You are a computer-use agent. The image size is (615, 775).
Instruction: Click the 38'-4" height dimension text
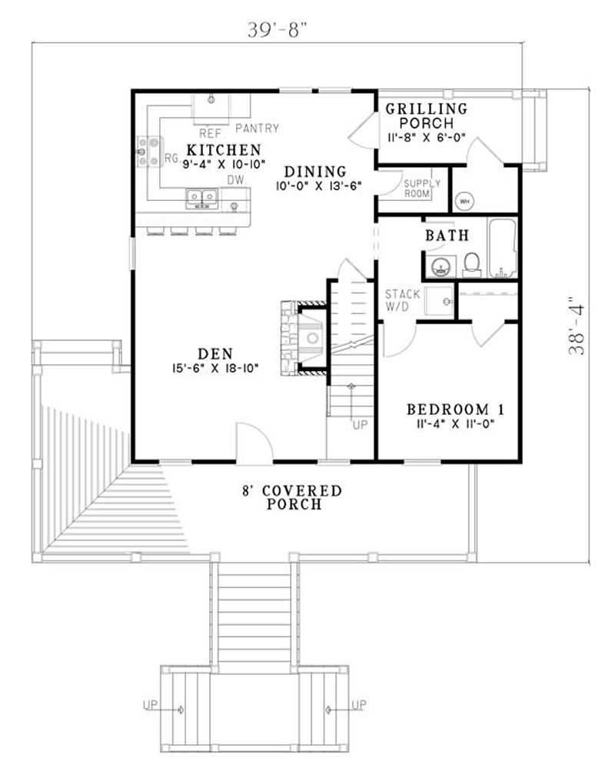point(577,326)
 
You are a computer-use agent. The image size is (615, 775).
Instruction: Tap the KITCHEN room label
point(224,149)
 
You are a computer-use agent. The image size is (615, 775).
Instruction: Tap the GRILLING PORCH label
point(426,115)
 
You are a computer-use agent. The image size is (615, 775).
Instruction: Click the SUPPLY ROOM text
point(422,188)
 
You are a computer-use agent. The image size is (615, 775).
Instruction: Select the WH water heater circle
point(464,201)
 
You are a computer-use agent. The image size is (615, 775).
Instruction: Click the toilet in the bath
point(473,264)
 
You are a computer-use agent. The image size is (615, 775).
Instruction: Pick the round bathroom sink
point(440,267)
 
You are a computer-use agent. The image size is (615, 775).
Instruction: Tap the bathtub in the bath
point(504,248)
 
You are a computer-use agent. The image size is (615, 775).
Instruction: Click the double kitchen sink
point(201,199)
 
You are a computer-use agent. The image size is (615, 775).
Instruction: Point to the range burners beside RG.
point(148,152)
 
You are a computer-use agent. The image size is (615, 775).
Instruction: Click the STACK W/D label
point(402,300)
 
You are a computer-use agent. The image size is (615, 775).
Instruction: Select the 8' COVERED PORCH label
point(294,497)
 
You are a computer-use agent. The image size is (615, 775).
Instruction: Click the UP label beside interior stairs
point(359,425)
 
